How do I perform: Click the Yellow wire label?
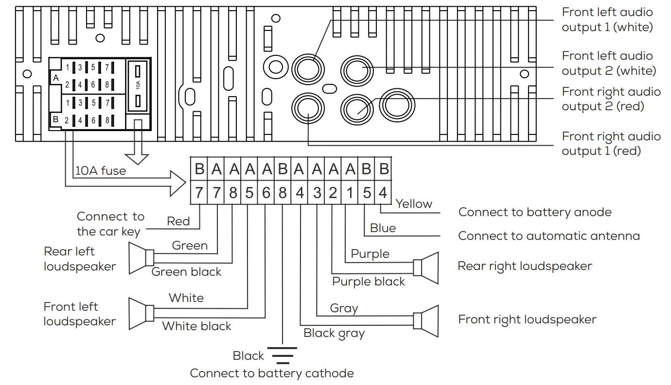pos(414,204)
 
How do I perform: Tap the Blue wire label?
pos(383,228)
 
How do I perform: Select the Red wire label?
pos(178,221)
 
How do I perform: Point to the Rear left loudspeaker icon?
pos(141,258)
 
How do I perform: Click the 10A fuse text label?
pos(101,171)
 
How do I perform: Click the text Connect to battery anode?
pos(535,212)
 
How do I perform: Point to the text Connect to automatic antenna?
pos(549,236)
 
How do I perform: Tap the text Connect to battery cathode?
pos(272,373)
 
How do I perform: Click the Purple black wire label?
pos(369,282)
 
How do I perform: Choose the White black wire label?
pos(196,326)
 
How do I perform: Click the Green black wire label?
pos(186,271)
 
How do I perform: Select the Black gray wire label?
pos(334,333)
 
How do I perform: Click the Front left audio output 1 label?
pos(607,20)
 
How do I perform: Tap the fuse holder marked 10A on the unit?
pos(138,86)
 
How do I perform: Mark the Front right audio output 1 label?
pos(611,144)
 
